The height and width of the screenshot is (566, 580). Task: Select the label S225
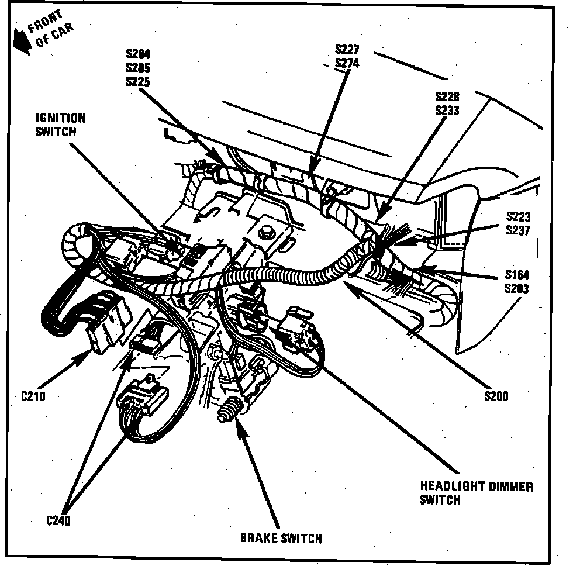tap(137, 82)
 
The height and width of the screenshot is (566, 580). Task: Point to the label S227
tap(347, 49)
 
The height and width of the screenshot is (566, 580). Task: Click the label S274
tap(347, 63)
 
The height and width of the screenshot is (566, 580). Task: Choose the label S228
tap(447, 96)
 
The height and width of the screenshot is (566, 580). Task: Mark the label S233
tap(447, 111)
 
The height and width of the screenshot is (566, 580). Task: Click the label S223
tap(518, 218)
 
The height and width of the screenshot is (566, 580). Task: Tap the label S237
tap(518, 231)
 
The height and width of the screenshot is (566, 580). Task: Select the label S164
tap(517, 275)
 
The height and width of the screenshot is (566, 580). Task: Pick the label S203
tap(517, 288)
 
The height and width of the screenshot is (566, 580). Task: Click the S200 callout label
tap(496, 396)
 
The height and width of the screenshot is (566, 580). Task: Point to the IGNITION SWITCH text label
tap(60, 125)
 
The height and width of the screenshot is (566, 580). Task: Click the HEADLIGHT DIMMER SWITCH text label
tap(476, 492)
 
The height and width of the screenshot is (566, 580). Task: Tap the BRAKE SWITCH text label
tap(281, 538)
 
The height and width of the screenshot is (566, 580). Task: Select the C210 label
tap(33, 396)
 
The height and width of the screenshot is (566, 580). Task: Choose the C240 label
tap(58, 520)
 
